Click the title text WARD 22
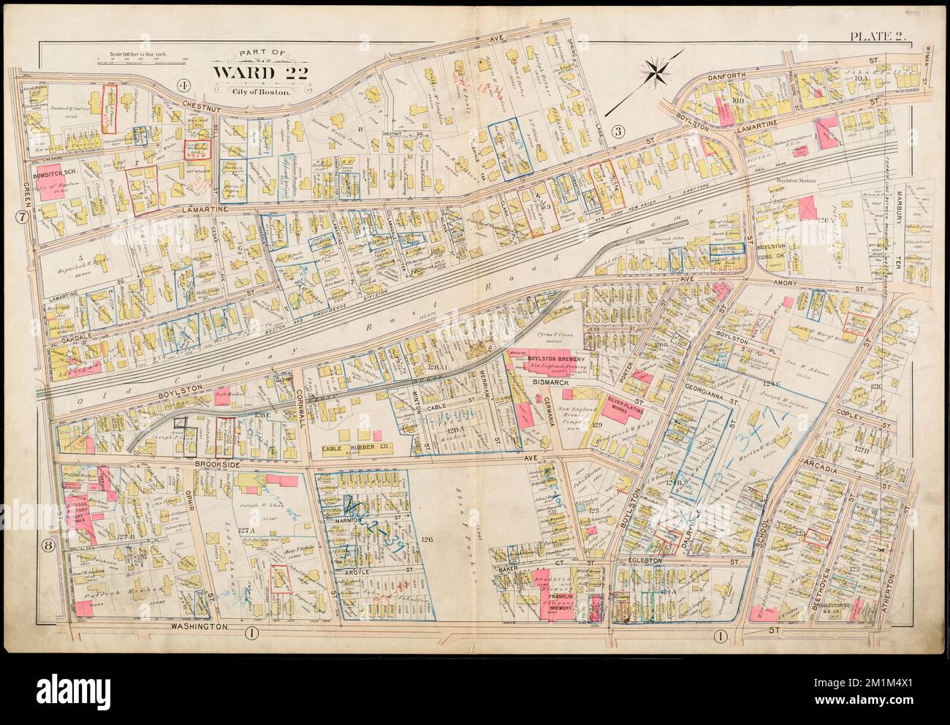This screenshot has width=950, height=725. pyautogui.click(x=252, y=74)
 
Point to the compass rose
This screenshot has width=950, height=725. pyautogui.click(x=659, y=72)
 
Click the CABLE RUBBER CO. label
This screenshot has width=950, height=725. pyautogui.click(x=356, y=447)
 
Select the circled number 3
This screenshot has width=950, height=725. pyautogui.click(x=617, y=132)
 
